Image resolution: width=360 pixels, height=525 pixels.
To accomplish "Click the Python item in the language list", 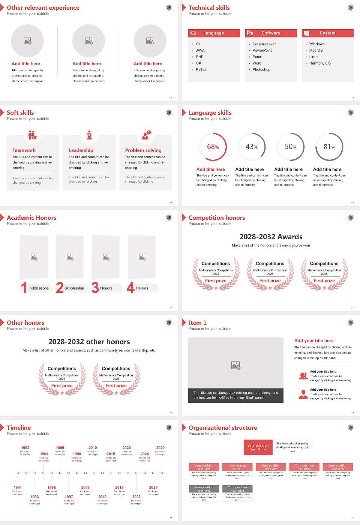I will click(x=201, y=70).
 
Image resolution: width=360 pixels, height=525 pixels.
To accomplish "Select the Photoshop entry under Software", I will click(x=261, y=70).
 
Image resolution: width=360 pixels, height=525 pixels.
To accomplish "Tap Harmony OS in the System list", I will click(x=320, y=63).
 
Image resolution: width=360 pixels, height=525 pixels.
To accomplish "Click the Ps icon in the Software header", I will click(x=250, y=33).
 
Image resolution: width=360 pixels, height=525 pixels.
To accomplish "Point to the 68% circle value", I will click(x=213, y=147).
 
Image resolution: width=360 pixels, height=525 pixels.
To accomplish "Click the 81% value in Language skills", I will click(x=329, y=147).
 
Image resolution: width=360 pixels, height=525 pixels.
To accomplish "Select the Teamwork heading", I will click(x=24, y=150).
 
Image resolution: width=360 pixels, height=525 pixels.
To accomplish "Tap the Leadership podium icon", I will click(x=89, y=135).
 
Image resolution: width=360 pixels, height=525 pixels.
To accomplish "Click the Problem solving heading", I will click(x=143, y=150).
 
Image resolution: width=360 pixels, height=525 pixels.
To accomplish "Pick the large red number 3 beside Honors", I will click(x=95, y=288).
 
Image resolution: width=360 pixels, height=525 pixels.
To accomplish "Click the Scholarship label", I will click(x=74, y=288).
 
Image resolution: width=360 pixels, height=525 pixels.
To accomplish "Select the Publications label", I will click(x=39, y=288).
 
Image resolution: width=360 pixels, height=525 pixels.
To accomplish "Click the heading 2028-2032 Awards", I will click(x=271, y=237).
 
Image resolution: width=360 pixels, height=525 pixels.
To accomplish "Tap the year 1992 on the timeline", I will click(x=25, y=448).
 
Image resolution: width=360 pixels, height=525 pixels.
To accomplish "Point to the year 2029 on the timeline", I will click(x=160, y=448).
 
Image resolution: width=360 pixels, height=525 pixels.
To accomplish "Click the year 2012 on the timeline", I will click(x=102, y=497).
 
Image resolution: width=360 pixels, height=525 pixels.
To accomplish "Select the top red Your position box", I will click(x=258, y=447).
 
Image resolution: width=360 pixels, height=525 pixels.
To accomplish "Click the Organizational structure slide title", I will click(x=223, y=428).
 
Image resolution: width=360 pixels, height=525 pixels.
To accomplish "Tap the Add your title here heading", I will click(x=314, y=341).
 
